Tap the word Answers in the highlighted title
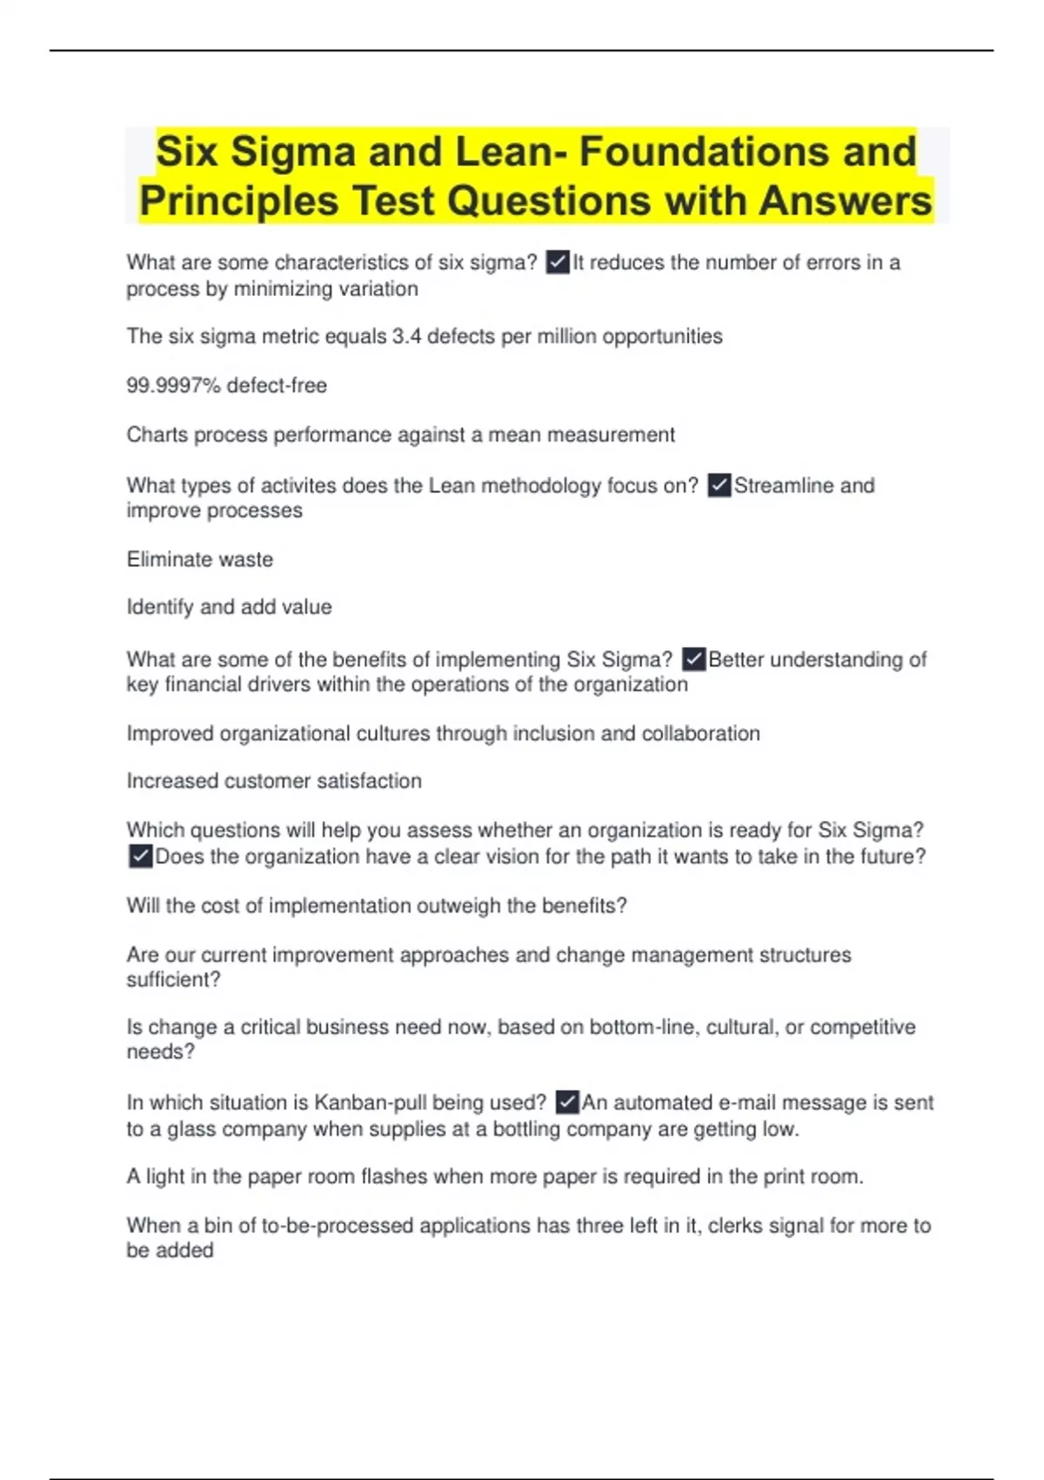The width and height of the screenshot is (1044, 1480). coord(845,201)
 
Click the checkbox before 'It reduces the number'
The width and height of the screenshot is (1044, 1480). coord(558,262)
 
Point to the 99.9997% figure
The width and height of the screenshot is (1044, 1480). coord(173,385)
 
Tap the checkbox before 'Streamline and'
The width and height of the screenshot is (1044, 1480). coord(719,485)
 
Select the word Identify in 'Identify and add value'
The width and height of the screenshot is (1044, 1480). coord(159,608)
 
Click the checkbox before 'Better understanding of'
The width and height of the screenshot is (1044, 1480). coord(693,659)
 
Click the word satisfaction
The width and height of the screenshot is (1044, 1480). coord(369,781)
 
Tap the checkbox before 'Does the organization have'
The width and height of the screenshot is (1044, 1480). coord(140,857)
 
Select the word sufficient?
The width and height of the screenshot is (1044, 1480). coord(173,979)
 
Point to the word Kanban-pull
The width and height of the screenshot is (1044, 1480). coord(369,1102)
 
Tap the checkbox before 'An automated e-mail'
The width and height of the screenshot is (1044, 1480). coord(566,1102)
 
